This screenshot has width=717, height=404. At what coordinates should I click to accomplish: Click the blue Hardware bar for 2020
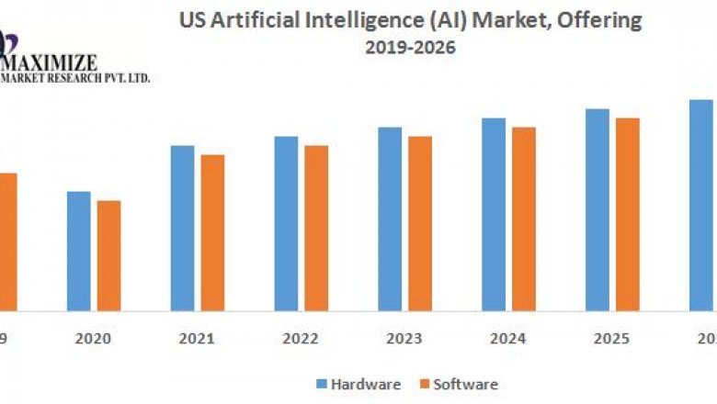pos(78,251)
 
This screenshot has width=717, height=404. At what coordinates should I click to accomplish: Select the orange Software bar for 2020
pos(108,255)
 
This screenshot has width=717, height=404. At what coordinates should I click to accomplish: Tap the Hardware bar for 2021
pos(182,228)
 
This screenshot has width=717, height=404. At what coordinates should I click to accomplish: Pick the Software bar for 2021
pos(212,232)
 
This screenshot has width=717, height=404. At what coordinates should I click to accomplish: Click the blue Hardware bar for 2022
pos(286,223)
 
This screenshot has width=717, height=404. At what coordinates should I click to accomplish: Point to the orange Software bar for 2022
pos(316,228)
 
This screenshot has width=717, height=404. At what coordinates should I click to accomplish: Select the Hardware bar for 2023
pos(390,219)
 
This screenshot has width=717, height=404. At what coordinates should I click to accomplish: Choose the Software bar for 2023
pos(420,223)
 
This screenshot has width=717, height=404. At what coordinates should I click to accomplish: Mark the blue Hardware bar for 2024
pos(494,214)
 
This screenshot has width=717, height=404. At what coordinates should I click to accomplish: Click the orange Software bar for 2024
pos(524,219)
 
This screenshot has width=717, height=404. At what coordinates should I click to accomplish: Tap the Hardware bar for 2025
pos(597,209)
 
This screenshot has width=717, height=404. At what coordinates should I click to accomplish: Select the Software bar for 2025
pos(628,214)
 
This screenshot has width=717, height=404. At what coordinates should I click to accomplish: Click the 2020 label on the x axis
pos(93,339)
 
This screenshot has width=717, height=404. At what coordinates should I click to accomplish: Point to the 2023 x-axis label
pos(404,339)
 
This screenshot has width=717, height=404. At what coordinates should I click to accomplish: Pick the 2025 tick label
pos(612,339)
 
